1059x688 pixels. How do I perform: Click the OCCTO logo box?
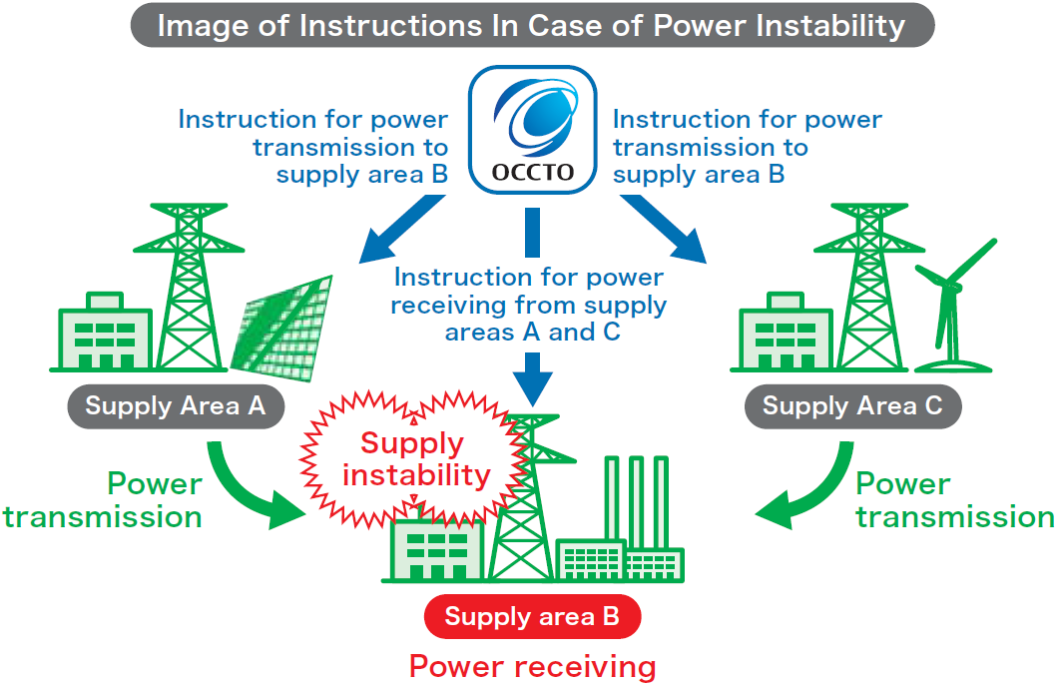pos(533,130)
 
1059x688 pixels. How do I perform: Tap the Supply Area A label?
pos(176,406)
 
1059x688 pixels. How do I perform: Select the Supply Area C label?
pos(853,406)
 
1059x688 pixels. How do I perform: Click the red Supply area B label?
pos(532,616)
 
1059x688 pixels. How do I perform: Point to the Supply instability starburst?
pos(413,459)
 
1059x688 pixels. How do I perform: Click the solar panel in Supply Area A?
pos(282,328)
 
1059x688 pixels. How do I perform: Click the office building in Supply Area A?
pos(105,332)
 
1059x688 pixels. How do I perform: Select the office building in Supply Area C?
pos(786,332)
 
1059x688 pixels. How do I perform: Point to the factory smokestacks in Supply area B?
pos(636,500)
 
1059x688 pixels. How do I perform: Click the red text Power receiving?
pos(532,667)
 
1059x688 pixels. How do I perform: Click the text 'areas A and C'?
pos(532,333)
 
